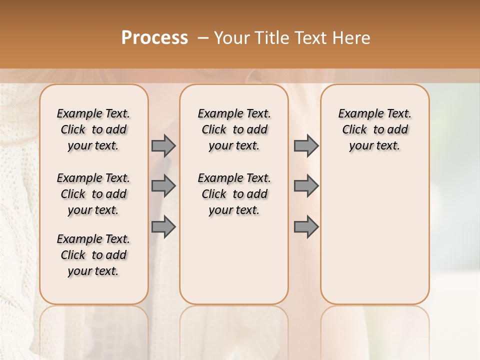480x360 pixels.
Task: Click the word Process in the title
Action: [154, 38]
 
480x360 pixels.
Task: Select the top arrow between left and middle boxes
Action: [163, 145]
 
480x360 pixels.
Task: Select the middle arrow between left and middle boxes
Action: [163, 186]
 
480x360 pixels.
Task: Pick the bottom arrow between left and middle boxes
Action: [163, 226]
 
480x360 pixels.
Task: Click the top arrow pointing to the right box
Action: [306, 145]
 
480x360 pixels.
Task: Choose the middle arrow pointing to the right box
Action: [306, 186]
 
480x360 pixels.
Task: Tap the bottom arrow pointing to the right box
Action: [306, 226]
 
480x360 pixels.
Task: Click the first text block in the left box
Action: [93, 129]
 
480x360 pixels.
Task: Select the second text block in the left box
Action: [93, 194]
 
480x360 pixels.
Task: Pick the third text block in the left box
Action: [93, 255]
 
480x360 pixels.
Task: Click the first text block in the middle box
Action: [234, 129]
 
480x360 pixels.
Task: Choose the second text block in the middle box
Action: [234, 194]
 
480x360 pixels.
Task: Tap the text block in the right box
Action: [374, 129]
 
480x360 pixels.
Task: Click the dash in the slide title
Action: [203, 38]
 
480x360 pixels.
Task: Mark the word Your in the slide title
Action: [231, 38]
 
